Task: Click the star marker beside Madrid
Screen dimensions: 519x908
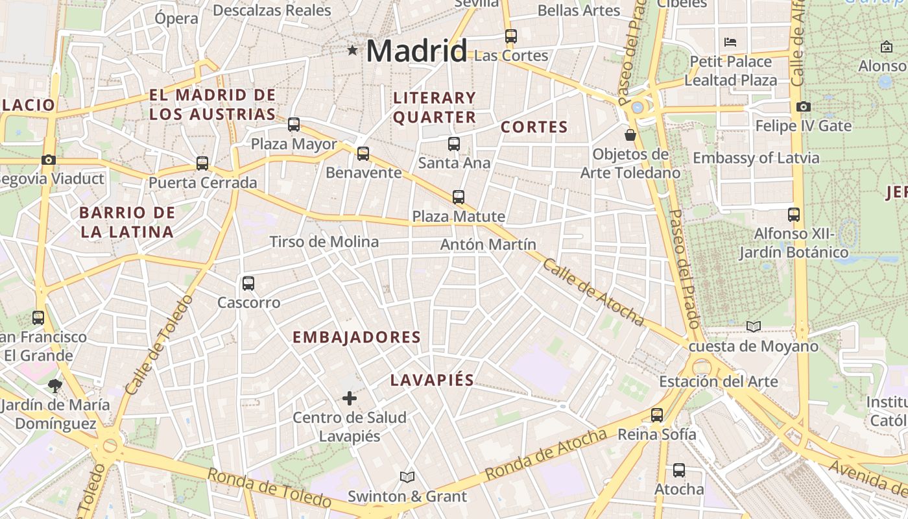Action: (x=352, y=50)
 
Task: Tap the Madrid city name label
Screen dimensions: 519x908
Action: (x=416, y=51)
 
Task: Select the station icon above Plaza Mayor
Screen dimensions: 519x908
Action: (x=294, y=125)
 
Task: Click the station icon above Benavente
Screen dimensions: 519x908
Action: (x=363, y=154)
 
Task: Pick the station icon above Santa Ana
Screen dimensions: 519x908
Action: (x=454, y=144)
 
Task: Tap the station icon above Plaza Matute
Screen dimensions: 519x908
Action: (x=459, y=197)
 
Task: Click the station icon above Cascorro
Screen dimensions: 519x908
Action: (x=248, y=283)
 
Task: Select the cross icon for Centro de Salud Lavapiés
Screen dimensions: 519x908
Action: (x=350, y=398)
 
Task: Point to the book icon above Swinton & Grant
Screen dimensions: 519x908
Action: (x=407, y=477)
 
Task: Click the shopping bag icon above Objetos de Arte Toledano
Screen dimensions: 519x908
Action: (x=630, y=135)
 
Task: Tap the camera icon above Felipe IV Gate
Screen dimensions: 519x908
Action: (x=804, y=106)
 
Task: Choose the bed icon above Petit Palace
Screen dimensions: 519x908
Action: (x=730, y=43)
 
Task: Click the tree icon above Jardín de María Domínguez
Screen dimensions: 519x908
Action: (x=55, y=386)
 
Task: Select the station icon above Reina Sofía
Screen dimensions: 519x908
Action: (x=657, y=415)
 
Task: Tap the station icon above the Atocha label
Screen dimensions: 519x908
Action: (x=679, y=470)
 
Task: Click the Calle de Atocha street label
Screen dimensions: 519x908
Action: (x=593, y=293)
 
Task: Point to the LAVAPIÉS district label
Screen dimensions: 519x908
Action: (x=432, y=380)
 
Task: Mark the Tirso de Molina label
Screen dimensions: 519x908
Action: (x=324, y=242)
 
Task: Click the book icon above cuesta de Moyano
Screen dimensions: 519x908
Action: (x=753, y=327)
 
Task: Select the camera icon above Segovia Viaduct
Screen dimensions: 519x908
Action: (x=48, y=160)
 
